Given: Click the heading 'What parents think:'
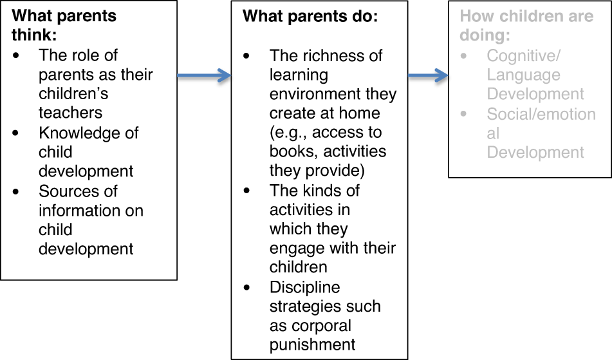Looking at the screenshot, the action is tap(64, 24).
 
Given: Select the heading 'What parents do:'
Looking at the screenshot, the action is tap(310, 17).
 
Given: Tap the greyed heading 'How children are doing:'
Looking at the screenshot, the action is tap(526, 25).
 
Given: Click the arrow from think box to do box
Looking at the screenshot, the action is tap(203, 76).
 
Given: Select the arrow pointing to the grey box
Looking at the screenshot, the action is tap(428, 76).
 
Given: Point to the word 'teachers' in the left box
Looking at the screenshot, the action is tap(71, 113).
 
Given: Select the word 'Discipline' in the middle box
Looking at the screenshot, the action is tap(305, 287).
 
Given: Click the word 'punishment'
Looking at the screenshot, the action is tap(312, 345).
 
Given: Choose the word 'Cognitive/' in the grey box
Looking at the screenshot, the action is tap(523, 56).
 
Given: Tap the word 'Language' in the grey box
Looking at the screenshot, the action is tap(523, 75).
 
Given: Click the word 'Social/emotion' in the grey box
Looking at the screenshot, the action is tap(541, 114).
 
